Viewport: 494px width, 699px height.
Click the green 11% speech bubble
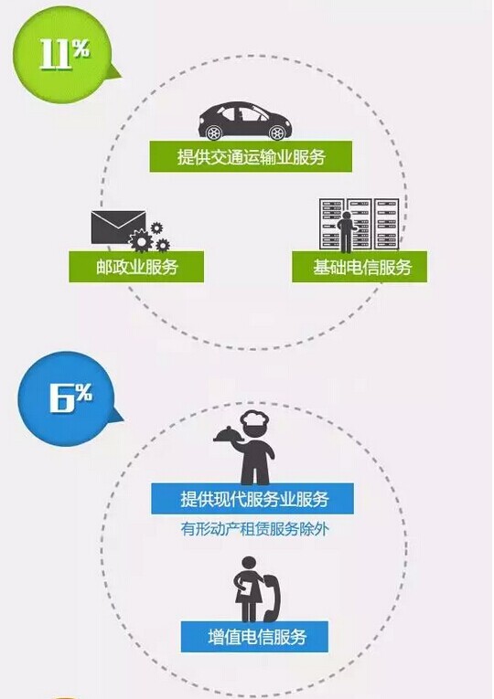62,55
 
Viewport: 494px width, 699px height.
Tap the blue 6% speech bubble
66,399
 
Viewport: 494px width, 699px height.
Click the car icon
245,121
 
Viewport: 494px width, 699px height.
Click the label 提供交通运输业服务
251,157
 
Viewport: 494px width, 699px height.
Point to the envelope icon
118,227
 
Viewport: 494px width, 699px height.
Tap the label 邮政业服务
136,267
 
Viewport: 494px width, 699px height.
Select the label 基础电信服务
360,267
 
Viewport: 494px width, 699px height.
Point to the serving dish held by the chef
228,433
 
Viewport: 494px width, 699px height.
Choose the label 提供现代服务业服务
252,499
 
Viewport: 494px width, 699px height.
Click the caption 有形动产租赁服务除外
254,529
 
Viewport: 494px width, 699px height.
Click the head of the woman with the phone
248,564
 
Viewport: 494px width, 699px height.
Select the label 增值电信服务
255,637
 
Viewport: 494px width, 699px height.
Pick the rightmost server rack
386,224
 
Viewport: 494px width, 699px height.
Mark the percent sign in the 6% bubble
83,392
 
